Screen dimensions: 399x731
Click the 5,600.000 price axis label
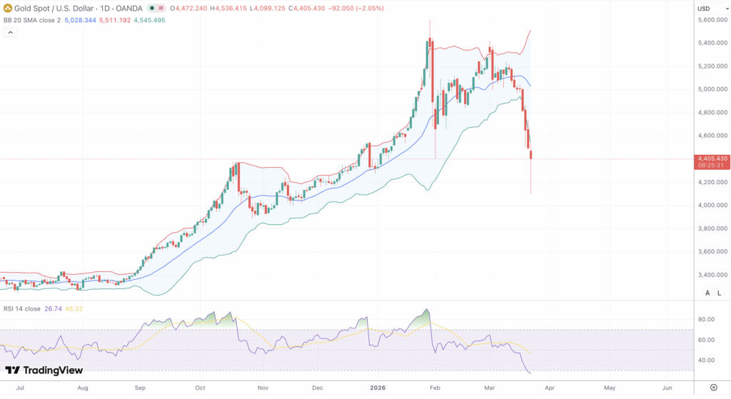click(712, 20)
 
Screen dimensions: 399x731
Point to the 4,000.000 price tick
click(712, 206)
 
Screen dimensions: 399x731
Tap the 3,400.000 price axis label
click(712, 275)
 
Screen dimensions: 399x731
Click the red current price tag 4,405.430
click(712, 158)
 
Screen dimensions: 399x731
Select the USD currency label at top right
click(704, 9)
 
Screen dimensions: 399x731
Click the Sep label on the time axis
click(140, 388)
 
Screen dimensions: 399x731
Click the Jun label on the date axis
click(666, 388)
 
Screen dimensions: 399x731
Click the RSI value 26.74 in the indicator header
click(53, 308)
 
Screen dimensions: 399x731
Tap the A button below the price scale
click(707, 293)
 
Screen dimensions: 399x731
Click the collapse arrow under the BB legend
click(10, 34)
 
